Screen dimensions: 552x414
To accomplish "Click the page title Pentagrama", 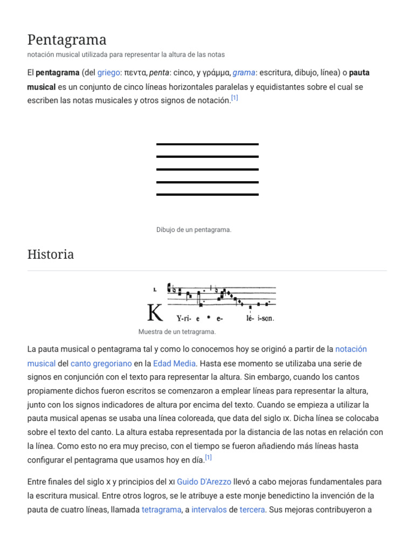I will pos(67,39).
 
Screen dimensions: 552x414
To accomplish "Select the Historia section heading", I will pos(51,254).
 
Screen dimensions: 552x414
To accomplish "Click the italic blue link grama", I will pos(244,72).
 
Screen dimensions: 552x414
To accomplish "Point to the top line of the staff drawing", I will pos(207,144).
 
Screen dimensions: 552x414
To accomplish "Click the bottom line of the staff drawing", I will pos(207,194).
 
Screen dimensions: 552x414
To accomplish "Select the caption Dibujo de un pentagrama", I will pos(194,230).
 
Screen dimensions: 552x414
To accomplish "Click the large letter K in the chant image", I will pos(155,313).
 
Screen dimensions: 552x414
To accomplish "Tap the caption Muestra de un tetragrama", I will pos(177,332).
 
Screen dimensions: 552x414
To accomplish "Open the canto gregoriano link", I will pos(101,363).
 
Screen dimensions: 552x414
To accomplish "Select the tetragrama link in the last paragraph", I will pos(161,509).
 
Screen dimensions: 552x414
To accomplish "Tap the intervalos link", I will pos(209,509).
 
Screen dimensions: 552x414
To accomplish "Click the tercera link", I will pos(252,509).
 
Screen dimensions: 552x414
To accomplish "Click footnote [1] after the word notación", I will pos(234,98).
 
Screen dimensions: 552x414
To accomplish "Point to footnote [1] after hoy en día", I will pos(209,458).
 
